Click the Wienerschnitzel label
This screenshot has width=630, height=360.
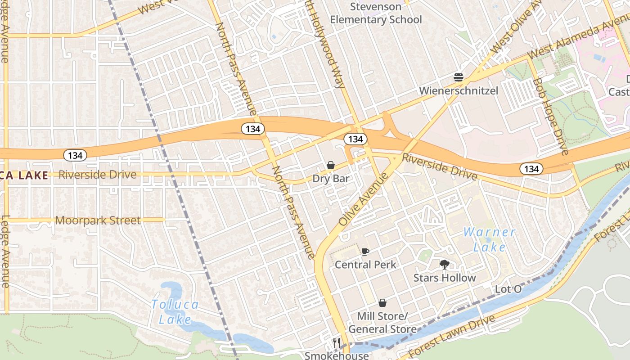click(459, 91)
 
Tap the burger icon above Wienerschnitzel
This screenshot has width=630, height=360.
click(459, 77)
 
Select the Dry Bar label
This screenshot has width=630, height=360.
click(331, 179)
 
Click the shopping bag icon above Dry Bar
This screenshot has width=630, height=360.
click(331, 166)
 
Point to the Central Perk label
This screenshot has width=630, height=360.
click(365, 265)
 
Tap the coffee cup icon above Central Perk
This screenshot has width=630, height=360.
click(365, 252)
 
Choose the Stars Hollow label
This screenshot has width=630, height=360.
click(445, 278)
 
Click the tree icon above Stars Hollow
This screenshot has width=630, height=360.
click(445, 265)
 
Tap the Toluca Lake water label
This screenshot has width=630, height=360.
click(175, 312)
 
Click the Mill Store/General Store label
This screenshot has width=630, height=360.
click(382, 323)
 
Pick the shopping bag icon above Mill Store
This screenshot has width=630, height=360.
click(382, 303)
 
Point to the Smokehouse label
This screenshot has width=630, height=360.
click(336, 355)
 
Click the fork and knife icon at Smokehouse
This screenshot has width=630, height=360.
click(336, 343)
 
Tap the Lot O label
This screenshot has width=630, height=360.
click(508, 289)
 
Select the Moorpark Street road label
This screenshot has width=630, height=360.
click(98, 220)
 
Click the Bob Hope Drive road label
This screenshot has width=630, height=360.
click(550, 116)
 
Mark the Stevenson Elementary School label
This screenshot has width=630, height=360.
click(376, 13)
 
